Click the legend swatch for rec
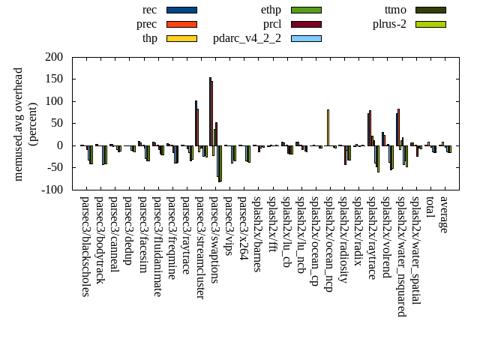pyautogui.click(x=181, y=10)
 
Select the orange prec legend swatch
pyautogui.click(x=181, y=24)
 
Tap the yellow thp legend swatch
pyautogui.click(x=181, y=38)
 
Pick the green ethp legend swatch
pyautogui.click(x=306, y=10)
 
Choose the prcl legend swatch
pyautogui.click(x=306, y=24)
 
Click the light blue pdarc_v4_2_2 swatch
pyautogui.click(x=306, y=38)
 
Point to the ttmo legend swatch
pyautogui.click(x=430, y=10)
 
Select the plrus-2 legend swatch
pyautogui.click(x=430, y=24)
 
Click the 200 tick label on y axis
pyautogui.click(x=54, y=57)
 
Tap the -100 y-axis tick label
pyautogui.click(x=52, y=190)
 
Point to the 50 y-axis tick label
pyautogui.click(x=57, y=124)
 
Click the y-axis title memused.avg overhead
pyautogui.click(x=19, y=124)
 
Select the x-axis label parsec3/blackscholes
pyautogui.click(x=85, y=246)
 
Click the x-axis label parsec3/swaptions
pyautogui.click(x=214, y=239)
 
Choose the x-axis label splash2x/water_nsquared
pyautogui.click(x=401, y=251)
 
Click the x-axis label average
pyautogui.click(x=444, y=214)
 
